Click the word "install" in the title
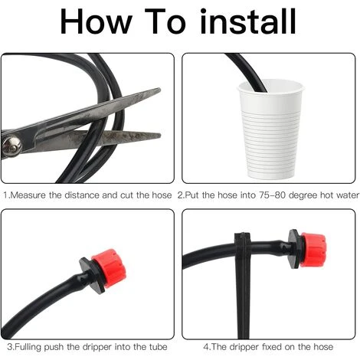248,21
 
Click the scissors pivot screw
11,146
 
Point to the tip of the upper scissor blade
160,89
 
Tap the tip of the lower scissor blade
160,136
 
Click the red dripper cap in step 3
110,268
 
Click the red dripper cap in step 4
313,250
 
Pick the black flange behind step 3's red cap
93,275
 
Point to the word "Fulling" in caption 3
28,347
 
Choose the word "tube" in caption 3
159,347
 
